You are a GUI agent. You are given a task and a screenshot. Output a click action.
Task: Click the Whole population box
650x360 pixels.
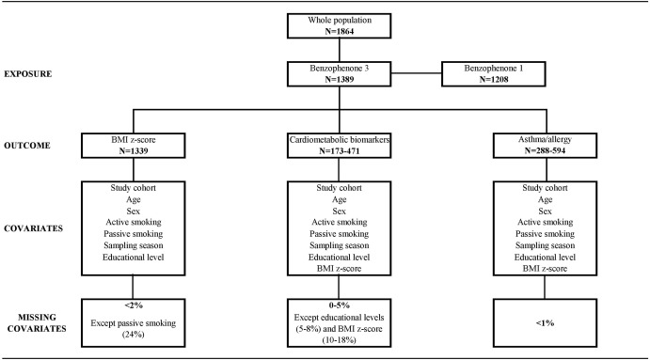[339, 25]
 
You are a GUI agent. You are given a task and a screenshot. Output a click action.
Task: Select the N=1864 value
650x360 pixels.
[339, 31]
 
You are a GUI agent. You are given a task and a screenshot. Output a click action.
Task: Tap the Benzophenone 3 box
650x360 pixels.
[339, 74]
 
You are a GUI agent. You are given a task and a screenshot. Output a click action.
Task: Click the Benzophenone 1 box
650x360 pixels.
[493, 74]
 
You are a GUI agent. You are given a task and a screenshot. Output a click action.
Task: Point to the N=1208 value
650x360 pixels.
[493, 79]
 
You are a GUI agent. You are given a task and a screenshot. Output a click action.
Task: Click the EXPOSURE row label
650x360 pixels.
[28, 74]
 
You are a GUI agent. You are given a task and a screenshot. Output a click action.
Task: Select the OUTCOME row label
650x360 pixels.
[27, 146]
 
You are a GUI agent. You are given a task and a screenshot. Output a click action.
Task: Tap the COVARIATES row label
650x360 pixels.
[33, 228]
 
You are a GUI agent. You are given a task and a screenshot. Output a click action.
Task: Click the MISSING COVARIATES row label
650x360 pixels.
[37, 322]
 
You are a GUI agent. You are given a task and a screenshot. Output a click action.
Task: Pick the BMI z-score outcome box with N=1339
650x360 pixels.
[133, 146]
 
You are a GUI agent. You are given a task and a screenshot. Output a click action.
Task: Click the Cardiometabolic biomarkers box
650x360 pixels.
[339, 146]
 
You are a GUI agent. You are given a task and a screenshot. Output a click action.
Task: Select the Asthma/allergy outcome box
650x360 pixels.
[545, 146]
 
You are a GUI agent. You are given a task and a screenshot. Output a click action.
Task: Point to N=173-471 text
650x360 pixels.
[339, 150]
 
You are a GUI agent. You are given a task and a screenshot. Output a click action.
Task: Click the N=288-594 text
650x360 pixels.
[545, 150]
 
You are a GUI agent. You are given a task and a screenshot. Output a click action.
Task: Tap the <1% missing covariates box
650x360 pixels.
[545, 322]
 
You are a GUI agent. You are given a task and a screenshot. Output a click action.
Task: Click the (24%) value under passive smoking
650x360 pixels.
[133, 335]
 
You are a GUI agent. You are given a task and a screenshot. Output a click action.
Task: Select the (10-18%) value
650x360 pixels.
[339, 340]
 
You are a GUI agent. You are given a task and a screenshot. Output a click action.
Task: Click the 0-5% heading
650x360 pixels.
[339, 305]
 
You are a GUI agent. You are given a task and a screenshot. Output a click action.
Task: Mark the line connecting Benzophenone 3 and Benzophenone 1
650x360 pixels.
[416, 73]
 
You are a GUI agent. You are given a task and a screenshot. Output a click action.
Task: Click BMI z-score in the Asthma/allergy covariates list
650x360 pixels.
[545, 269]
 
